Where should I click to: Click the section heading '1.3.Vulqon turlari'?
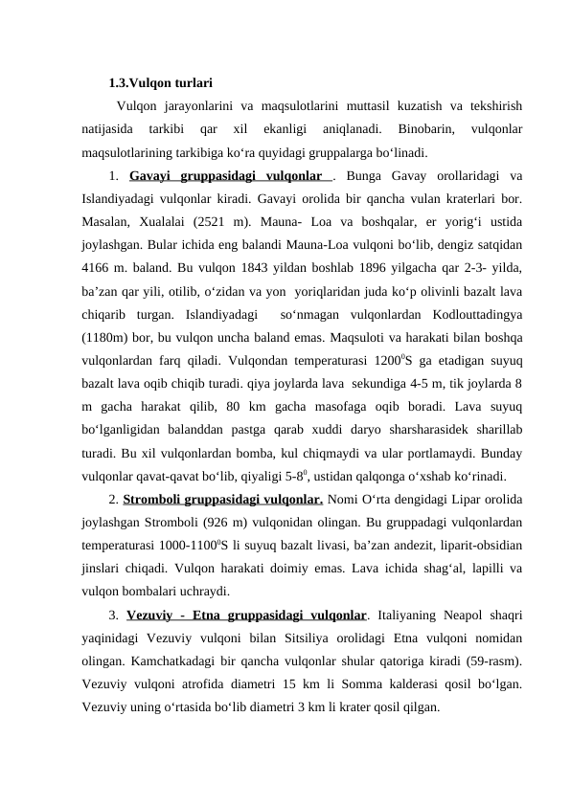(x=160, y=82)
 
